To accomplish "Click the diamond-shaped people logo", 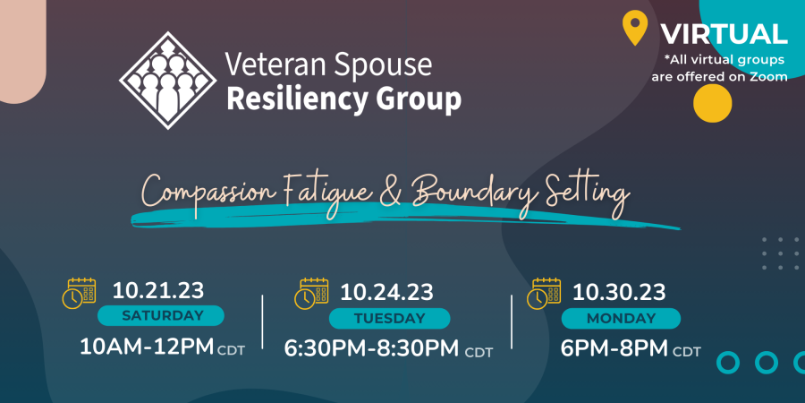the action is pyautogui.click(x=167, y=81).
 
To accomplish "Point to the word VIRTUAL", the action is pyautogui.click(x=724, y=34).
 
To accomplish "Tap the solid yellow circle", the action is pyautogui.click(x=712, y=103).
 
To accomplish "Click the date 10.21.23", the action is pyautogui.click(x=158, y=291).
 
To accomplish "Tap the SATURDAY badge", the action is pyautogui.click(x=161, y=315).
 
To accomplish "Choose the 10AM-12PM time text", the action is pyautogui.click(x=147, y=347).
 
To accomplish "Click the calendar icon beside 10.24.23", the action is pyautogui.click(x=311, y=294).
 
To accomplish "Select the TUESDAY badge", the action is pyautogui.click(x=390, y=318).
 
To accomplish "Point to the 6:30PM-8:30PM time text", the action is pyautogui.click(x=371, y=348).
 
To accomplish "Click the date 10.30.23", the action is pyautogui.click(x=619, y=293).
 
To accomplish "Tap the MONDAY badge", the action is pyautogui.click(x=621, y=318).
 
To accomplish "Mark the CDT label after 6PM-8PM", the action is pyautogui.click(x=687, y=352).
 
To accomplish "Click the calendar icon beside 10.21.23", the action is pyautogui.click(x=79, y=293).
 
